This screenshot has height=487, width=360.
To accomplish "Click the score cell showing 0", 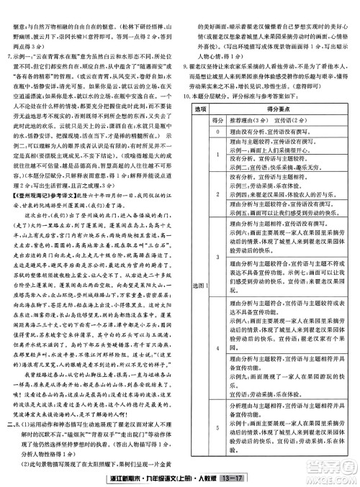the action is (x=218, y=131).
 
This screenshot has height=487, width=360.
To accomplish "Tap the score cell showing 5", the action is (x=218, y=427).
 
